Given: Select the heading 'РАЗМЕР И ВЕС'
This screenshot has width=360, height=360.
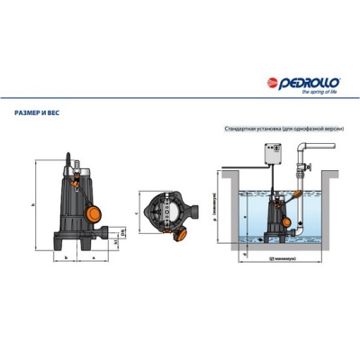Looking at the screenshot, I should coord(39,113).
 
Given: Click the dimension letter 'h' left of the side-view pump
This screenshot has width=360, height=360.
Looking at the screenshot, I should coord(32,206).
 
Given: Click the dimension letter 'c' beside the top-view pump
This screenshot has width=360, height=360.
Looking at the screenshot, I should coord(135,212).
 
